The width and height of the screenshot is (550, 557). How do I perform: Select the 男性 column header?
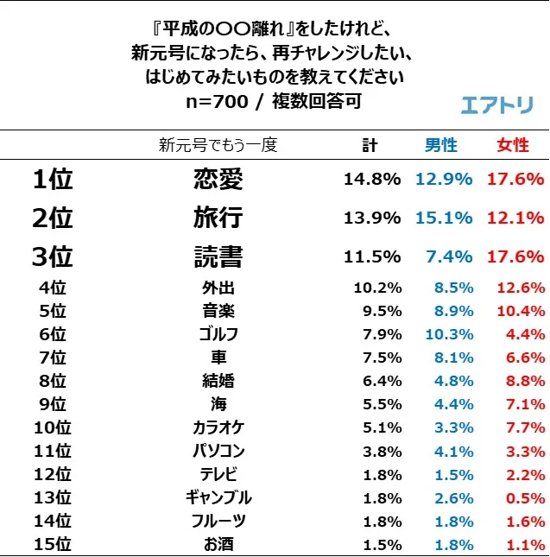tap(441, 145)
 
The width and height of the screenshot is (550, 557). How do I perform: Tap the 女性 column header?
tap(513, 145)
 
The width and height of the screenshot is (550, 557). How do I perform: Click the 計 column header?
tap(370, 145)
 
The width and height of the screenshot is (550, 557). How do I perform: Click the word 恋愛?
tap(218, 179)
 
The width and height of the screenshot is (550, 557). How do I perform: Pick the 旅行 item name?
tap(218, 218)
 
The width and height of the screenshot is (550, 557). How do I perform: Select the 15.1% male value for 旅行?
tap(444, 218)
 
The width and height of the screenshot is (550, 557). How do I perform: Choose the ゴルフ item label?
tap(215, 334)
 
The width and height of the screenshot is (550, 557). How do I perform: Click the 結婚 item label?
tap(216, 381)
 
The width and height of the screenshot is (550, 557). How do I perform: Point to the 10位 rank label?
tap(52, 427)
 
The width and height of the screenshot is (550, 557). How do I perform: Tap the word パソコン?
tap(215, 451)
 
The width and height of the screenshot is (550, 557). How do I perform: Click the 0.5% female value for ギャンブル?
tap(524, 497)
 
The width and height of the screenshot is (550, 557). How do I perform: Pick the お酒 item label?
tap(215, 544)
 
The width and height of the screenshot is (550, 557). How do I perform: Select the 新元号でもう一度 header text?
tap(218, 145)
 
